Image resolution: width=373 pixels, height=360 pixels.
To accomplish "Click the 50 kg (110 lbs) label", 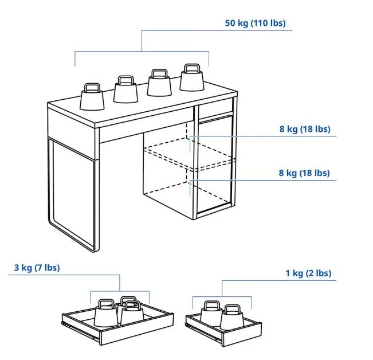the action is tap(255, 24).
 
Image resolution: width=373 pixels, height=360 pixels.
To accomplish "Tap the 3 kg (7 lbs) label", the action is tap(37, 268).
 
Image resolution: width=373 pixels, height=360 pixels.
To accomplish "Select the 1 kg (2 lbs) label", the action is tap(308, 273).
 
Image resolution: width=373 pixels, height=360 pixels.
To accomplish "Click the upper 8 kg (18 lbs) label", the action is tap(305, 129).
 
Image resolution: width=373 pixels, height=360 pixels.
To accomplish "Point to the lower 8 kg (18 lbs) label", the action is tap(304, 173).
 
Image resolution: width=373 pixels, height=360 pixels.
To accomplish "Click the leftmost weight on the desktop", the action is tap(92, 97).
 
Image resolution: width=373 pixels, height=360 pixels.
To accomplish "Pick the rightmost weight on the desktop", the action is tap(192, 78).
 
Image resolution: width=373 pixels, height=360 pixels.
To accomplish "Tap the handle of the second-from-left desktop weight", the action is tap(125, 80).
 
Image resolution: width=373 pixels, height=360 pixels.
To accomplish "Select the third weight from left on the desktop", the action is tap(159, 83).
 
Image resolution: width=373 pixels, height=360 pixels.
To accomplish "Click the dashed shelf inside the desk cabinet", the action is tap(190, 155).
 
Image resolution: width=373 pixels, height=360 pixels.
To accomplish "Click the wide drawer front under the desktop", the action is tap(146, 125).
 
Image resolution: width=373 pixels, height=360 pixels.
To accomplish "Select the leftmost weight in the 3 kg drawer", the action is tap(106, 313).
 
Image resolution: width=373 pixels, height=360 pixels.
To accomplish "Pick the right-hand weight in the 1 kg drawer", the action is tap(231, 317).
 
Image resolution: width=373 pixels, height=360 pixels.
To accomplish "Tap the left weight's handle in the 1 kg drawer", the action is tap(212, 305).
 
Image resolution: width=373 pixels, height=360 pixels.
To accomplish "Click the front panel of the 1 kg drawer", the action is tap(242, 334).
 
